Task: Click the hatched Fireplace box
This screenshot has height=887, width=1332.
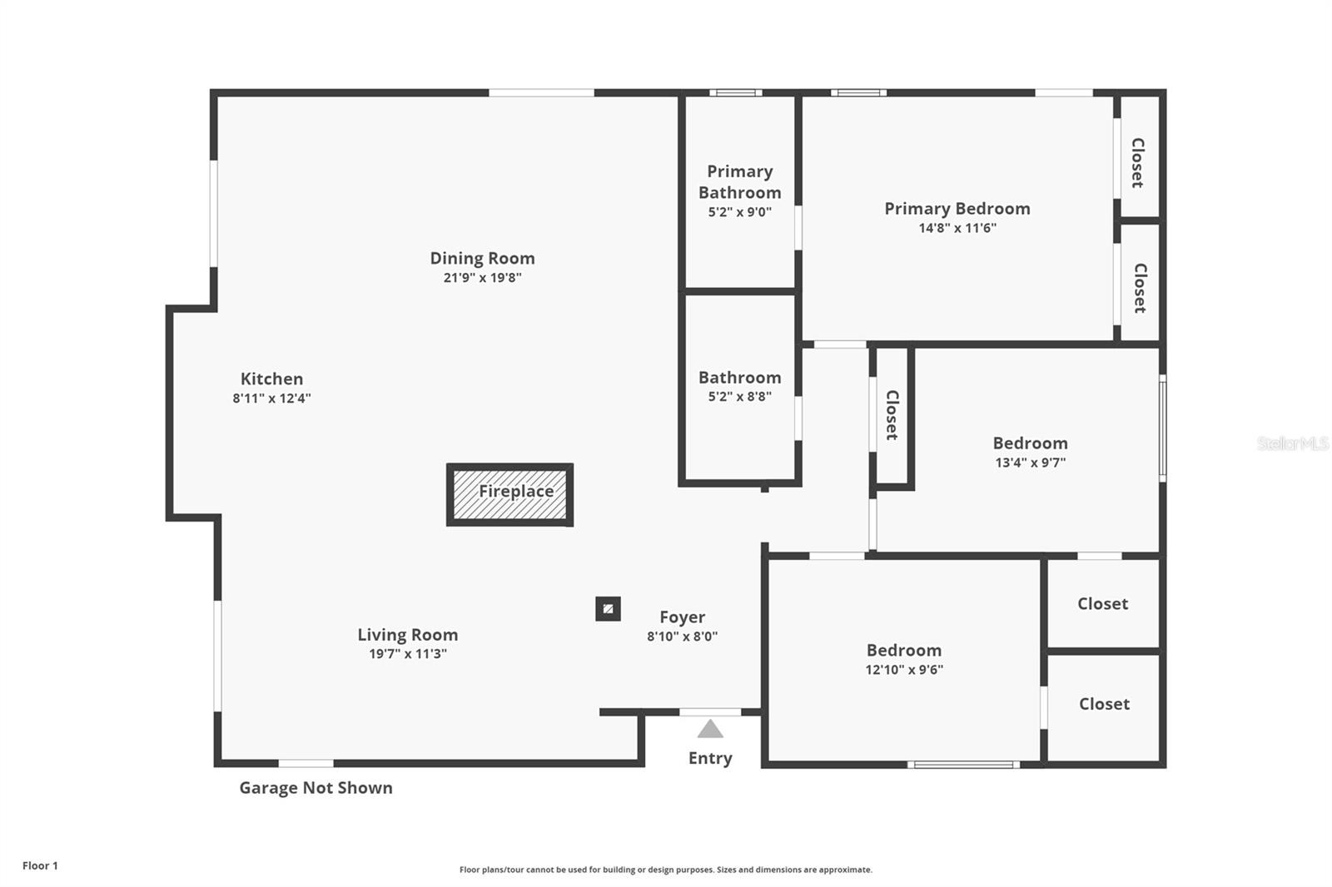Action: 509,494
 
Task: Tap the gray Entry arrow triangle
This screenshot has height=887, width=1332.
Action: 710,730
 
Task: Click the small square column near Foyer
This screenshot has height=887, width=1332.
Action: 608,609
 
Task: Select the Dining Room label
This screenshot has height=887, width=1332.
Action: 482,259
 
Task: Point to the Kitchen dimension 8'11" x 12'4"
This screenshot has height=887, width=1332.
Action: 271,399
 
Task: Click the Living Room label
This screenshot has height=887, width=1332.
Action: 407,635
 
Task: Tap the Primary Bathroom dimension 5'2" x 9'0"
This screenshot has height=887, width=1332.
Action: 739,212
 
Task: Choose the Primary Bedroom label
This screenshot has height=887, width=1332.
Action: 957,209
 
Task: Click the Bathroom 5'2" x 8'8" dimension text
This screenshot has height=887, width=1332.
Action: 739,397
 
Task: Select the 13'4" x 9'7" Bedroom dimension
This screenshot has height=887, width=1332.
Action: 1030,463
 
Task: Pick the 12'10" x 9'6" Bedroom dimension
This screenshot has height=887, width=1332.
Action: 903,670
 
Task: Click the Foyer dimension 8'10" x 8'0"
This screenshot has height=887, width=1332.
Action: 682,637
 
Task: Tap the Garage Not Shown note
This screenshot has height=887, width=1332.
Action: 316,788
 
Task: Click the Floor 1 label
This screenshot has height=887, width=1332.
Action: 40,866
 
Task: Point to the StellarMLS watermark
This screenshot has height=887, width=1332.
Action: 1292,443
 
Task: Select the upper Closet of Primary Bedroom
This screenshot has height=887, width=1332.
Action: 1137,162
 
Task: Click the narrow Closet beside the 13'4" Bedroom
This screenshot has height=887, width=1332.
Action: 892,415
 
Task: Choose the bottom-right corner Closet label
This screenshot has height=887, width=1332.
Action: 1104,704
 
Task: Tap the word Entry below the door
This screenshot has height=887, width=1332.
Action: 710,759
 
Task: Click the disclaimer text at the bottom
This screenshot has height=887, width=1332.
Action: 665,870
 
